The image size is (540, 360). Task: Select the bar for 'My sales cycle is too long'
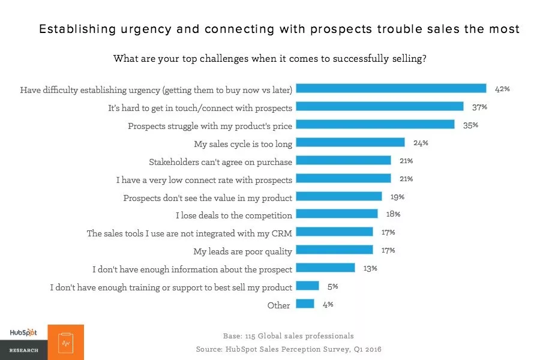pyautogui.click(x=350, y=143)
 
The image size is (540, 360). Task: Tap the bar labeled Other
pyautogui.click(x=305, y=304)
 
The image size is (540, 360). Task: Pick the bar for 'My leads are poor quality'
pyautogui.click(x=335, y=250)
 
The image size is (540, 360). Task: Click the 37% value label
pyautogui.click(x=479, y=107)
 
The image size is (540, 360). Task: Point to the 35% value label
pyautogui.click(x=470, y=125)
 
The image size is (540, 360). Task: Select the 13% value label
pyautogui.click(x=370, y=268)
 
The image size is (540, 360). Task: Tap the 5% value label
pyautogui.click(x=332, y=286)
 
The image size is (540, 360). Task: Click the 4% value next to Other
pyautogui.click(x=328, y=304)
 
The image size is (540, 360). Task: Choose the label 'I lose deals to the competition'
pyautogui.click(x=234, y=215)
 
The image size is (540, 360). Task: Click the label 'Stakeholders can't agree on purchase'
pyautogui.click(x=220, y=161)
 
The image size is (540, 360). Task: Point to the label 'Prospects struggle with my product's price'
pyautogui.click(x=210, y=126)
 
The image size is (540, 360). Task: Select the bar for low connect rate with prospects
pyautogui.click(x=344, y=179)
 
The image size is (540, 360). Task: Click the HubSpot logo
pyautogui.click(x=22, y=333)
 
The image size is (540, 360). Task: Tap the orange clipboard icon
pyautogui.click(x=65, y=343)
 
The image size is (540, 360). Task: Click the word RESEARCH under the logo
pyautogui.click(x=23, y=350)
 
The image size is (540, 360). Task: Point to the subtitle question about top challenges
pyautogui.click(x=270, y=59)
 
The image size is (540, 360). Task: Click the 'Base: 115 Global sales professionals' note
pyautogui.click(x=288, y=336)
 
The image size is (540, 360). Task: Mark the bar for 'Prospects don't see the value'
pyautogui.click(x=339, y=196)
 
